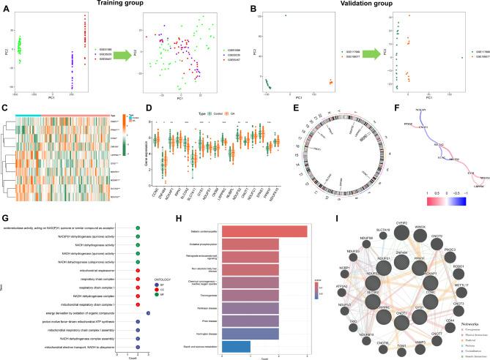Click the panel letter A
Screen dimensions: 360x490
(x=6, y=7)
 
